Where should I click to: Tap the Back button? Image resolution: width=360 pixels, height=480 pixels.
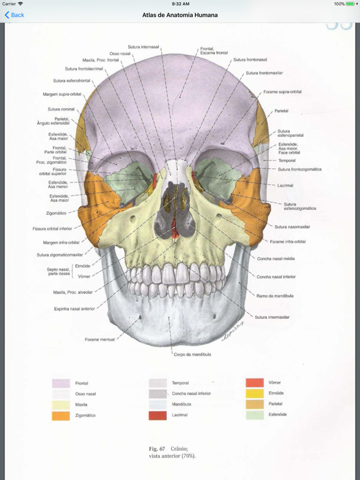tap(14, 15)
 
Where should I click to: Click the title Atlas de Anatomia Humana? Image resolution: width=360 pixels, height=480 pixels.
tap(180, 15)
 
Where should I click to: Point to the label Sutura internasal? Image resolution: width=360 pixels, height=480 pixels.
tap(143, 47)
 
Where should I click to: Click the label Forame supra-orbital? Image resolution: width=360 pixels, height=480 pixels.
tap(282, 91)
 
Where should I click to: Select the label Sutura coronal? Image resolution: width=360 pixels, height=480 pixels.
tap(61, 109)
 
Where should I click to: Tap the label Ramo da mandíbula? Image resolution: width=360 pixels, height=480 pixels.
tap(275, 296)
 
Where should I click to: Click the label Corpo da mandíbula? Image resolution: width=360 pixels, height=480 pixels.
tap(192, 354)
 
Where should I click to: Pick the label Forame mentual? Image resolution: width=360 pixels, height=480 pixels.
tap(100, 339)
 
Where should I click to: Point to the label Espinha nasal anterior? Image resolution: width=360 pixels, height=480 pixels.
tap(75, 309)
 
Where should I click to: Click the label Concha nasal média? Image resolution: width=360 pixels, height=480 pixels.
tap(276, 259)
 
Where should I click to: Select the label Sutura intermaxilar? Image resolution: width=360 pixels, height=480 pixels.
tap(272, 317)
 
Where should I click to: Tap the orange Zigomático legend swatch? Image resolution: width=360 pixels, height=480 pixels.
tap(61, 416)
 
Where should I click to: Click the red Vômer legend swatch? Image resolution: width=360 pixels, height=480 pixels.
tap(254, 382)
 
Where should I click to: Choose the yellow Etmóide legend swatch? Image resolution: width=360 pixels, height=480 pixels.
tap(254, 393)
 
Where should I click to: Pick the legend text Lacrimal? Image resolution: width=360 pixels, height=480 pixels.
tap(180, 415)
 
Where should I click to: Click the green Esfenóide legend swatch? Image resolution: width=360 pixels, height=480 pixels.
tap(254, 415)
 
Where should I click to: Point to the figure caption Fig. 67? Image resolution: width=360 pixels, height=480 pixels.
tap(157, 449)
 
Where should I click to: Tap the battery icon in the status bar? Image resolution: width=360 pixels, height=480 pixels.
tap(351, 4)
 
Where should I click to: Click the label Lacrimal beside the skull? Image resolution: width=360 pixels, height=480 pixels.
tap(285, 186)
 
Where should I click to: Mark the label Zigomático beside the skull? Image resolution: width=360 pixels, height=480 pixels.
tap(56, 213)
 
